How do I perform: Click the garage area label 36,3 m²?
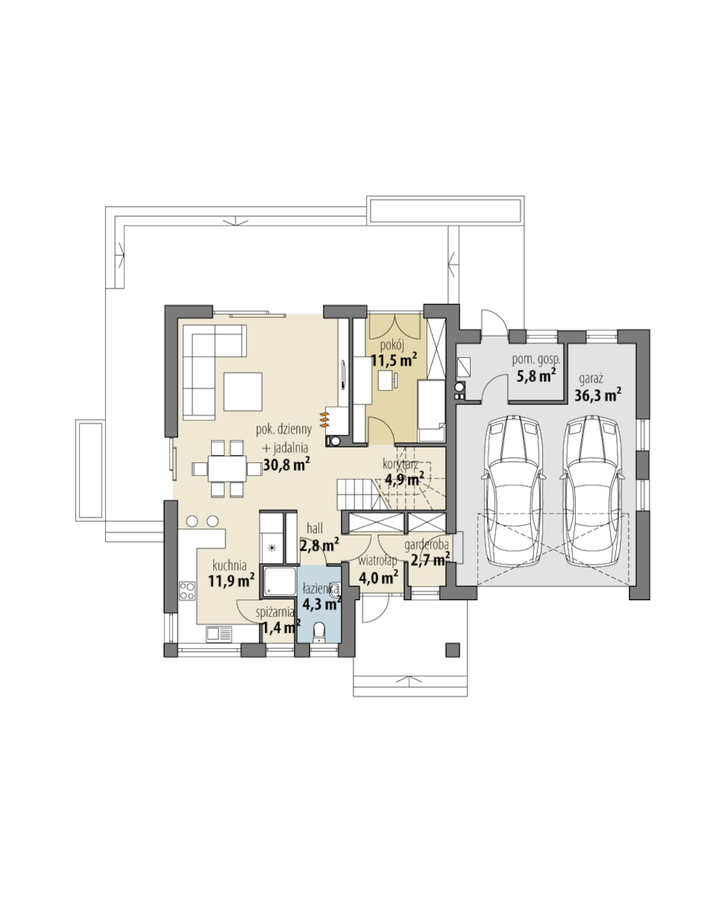598,395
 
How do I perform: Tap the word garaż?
591,379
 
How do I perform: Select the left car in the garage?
513,491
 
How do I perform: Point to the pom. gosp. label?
535,360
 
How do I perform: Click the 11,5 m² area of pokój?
394,360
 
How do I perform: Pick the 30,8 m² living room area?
286,465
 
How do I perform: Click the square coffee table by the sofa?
243,391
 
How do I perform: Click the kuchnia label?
229,565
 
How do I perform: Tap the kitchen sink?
219,633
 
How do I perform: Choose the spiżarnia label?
275,612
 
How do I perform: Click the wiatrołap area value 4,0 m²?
379,577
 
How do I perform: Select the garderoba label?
427,545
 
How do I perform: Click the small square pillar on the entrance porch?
452,649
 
